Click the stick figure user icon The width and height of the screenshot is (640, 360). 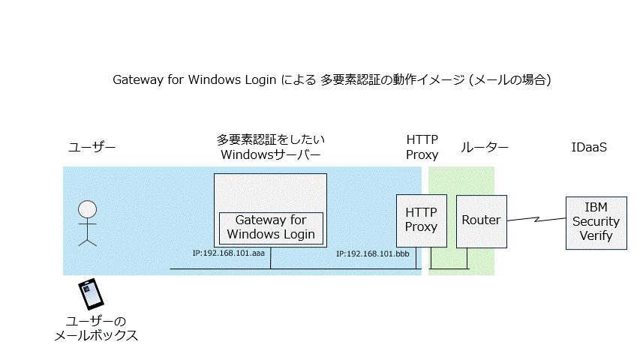pyautogui.click(x=88, y=223)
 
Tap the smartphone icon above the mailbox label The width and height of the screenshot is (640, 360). pyautogui.click(x=92, y=294)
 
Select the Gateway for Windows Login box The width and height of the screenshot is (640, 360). pyautogui.click(x=271, y=228)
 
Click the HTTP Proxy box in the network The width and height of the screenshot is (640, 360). pyautogui.click(x=421, y=220)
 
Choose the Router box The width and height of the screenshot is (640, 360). pyautogui.click(x=481, y=220)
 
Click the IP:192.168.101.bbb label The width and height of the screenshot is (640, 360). pyautogui.click(x=372, y=254)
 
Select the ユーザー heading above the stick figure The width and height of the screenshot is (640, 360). pyautogui.click(x=92, y=148)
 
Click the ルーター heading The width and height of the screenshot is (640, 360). pyautogui.click(x=484, y=148)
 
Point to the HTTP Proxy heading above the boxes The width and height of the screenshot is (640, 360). pyautogui.click(x=422, y=147)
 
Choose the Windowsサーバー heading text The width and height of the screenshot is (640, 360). pyautogui.click(x=271, y=154)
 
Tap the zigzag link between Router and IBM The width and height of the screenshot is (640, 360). pyautogui.click(x=536, y=220)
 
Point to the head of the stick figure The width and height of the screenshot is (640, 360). pyautogui.click(x=88, y=208)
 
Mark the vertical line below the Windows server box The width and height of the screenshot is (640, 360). pyautogui.click(x=271, y=257)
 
